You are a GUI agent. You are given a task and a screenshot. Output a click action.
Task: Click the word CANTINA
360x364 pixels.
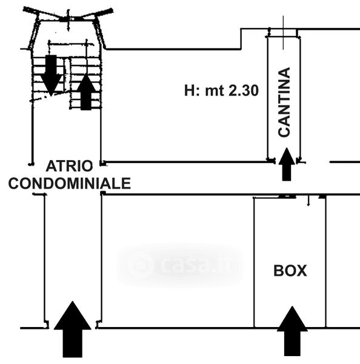coord(284,102)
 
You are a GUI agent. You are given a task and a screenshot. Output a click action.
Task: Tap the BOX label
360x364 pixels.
coord(290,271)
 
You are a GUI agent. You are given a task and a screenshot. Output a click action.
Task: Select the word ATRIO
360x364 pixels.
coord(69,166)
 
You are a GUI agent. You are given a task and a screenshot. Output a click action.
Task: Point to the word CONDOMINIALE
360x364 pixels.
coord(70,183)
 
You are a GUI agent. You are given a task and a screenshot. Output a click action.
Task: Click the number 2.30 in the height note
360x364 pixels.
coord(244,90)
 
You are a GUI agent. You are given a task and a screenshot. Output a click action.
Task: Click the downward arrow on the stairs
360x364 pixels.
coord(51,75)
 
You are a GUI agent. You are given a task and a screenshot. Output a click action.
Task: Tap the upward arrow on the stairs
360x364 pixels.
coord(86,92)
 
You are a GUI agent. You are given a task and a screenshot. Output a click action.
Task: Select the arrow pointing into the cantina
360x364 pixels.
coord(287,164)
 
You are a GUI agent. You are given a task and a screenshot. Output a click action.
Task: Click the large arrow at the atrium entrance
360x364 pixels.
coord(72,329)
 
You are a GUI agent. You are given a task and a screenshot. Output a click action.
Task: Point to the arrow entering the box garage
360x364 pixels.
coord(292,331)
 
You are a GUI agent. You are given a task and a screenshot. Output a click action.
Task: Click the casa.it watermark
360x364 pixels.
coord(181,265)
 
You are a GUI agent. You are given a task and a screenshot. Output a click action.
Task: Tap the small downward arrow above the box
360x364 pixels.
coord(308,201)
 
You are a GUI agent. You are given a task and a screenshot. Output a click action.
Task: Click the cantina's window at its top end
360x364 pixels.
coord(284,33)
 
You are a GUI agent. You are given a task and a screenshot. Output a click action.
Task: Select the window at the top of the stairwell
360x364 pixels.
coord(68,19)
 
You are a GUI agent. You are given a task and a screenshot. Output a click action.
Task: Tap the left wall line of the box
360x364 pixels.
coord(254,262)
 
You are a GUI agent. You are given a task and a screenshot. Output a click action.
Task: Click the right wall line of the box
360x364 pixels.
coord(325,261)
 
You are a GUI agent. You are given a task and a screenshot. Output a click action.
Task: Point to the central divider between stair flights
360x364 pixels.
coord(67,75)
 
